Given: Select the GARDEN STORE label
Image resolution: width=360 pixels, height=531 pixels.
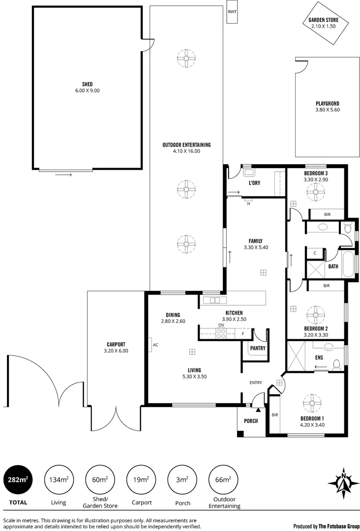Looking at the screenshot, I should point(323,20).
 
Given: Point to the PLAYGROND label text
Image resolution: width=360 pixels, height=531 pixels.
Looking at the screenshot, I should point(328,103).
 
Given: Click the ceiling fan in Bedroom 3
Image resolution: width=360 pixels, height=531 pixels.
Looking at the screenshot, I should point(315,192).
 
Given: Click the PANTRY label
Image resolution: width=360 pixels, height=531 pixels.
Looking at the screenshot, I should point(258,348).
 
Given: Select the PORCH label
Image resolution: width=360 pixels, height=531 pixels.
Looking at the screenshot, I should point(251,421).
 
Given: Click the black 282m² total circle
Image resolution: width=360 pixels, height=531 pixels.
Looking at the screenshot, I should point(18,480).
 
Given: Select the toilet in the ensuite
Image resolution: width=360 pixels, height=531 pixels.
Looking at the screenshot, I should point(336,364).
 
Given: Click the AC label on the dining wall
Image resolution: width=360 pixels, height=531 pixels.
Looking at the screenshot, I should point(155,345).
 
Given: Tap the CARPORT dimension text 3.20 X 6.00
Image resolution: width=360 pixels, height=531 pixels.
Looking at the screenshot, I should point(116,351).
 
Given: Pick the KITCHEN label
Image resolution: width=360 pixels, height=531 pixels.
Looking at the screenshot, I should point(234,313).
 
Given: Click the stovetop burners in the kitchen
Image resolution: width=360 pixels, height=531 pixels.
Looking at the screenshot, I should point(221,333).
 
